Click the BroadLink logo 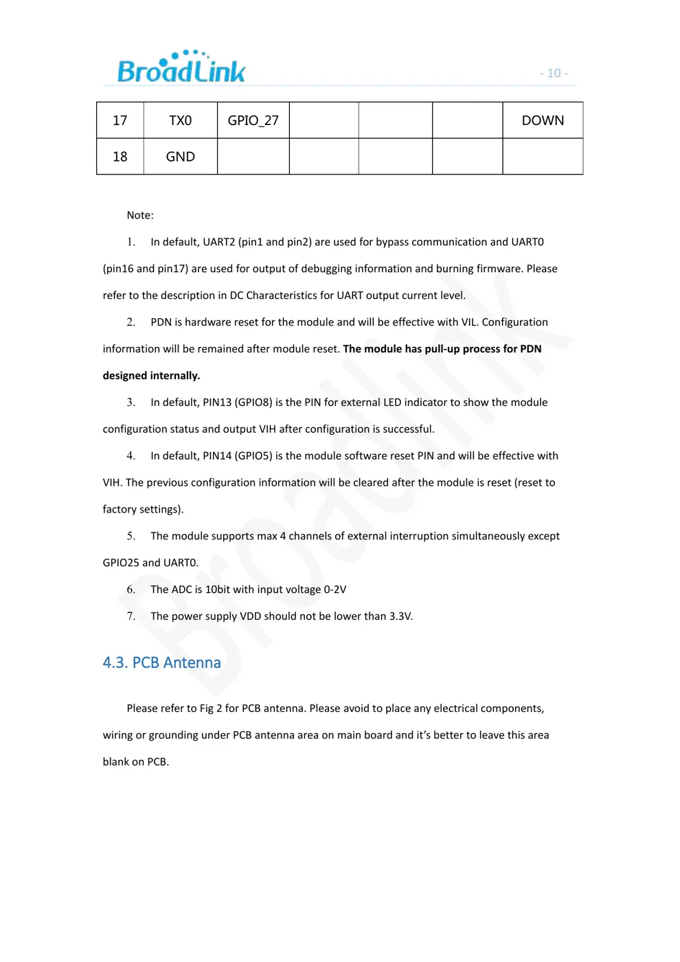[181, 67]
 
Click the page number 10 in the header [554, 74]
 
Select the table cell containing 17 [120, 121]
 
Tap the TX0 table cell [181, 121]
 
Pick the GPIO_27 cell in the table [253, 121]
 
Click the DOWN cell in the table [543, 121]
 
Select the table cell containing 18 [120, 157]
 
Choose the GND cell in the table [181, 157]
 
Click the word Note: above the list [140, 215]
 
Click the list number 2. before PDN [131, 322]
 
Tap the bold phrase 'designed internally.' [151, 376]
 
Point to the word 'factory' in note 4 [120, 510]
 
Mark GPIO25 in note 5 [121, 563]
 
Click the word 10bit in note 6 [218, 590]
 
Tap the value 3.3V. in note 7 [401, 616]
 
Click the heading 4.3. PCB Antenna [161, 662]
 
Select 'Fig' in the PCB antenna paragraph [207, 708]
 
